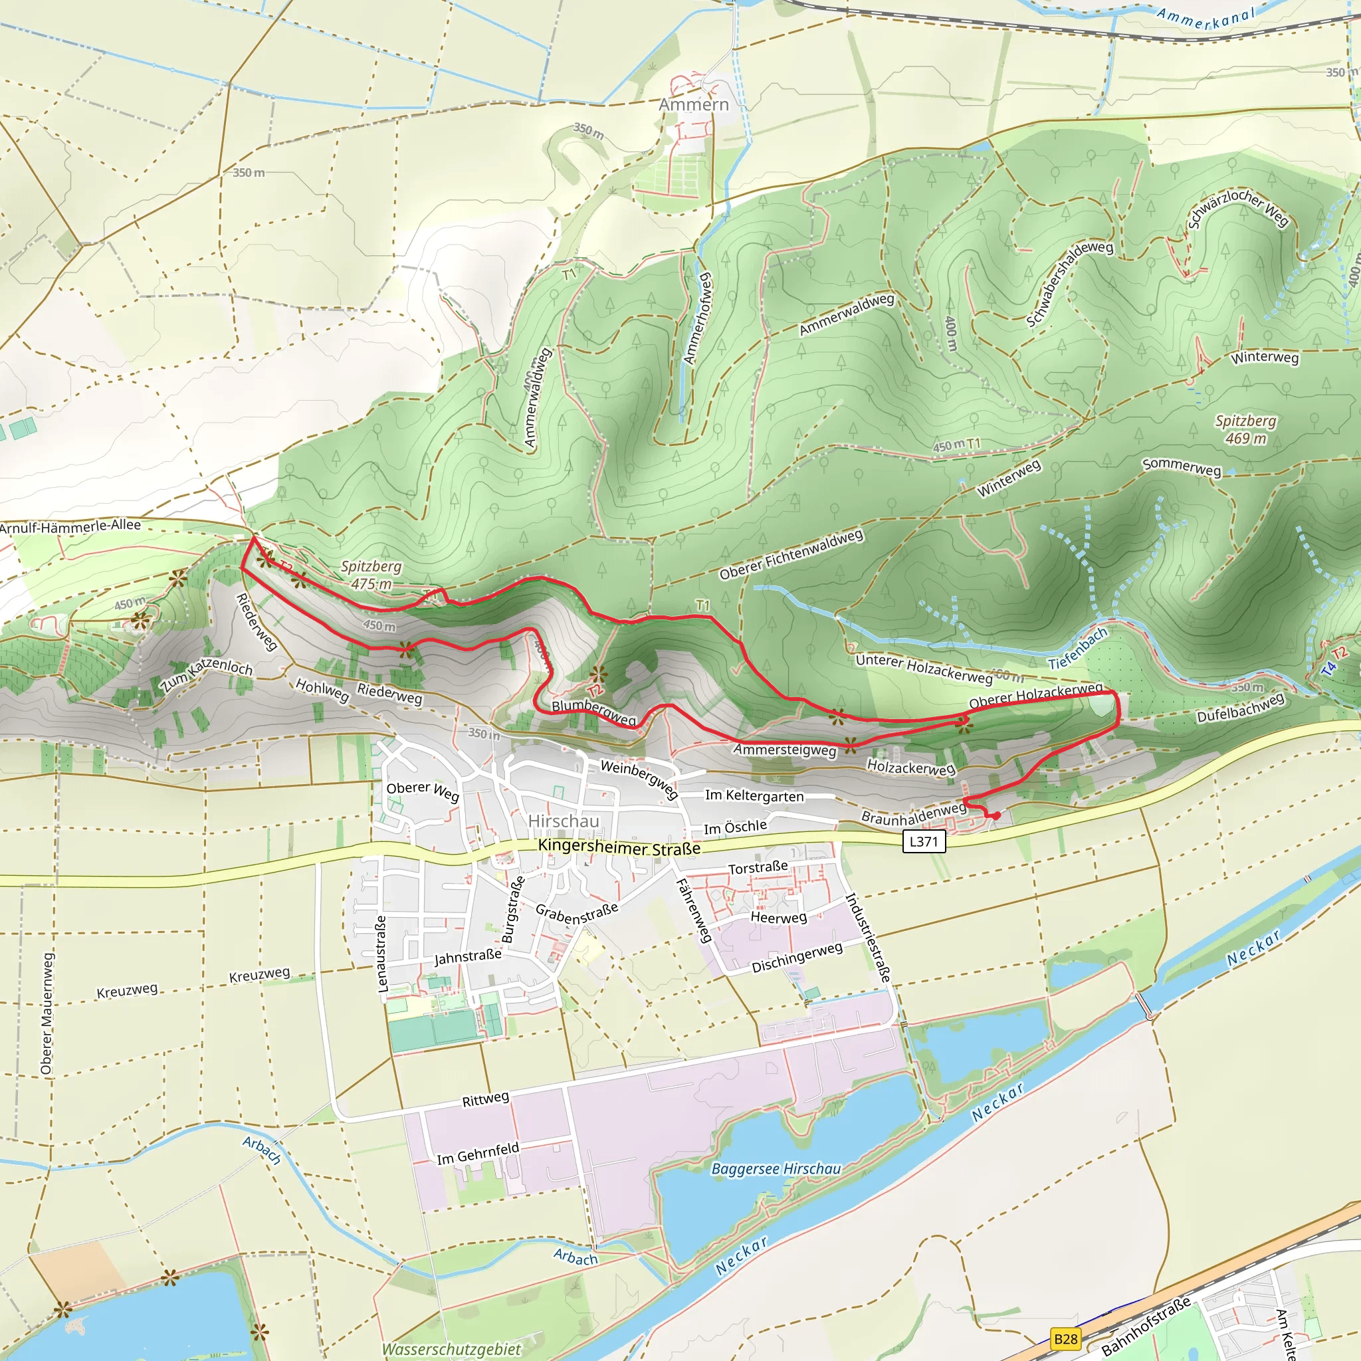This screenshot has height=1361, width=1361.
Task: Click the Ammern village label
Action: (x=693, y=105)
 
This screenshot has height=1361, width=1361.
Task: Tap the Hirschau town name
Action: (x=564, y=821)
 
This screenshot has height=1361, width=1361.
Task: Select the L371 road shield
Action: (x=924, y=841)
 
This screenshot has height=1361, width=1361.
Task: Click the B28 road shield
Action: (x=1066, y=1338)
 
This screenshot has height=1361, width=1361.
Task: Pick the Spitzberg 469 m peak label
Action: (x=1245, y=430)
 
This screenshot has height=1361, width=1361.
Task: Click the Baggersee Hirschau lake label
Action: (x=776, y=1169)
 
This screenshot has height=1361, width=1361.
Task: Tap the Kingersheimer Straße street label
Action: (x=619, y=847)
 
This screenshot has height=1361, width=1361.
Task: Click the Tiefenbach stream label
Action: (x=1078, y=649)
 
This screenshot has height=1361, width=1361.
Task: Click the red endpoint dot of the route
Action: (x=997, y=815)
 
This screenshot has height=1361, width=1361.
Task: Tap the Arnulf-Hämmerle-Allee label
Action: (x=70, y=526)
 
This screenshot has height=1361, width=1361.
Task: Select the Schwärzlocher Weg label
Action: (x=1237, y=208)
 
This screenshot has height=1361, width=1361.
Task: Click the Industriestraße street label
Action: (x=868, y=938)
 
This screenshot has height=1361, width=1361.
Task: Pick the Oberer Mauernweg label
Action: (x=47, y=1013)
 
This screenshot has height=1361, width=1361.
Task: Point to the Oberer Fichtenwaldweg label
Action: (x=790, y=554)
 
